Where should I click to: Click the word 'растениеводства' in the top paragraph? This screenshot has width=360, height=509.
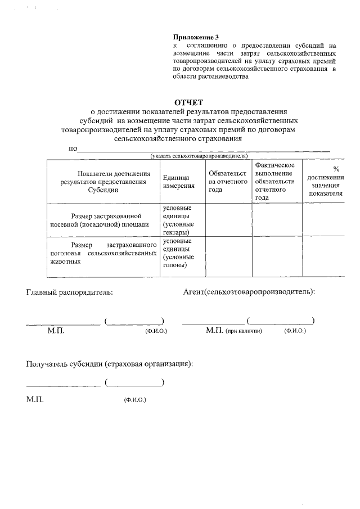click(x=210, y=76)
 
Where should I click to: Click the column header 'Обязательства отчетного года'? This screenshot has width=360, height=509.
click(x=228, y=181)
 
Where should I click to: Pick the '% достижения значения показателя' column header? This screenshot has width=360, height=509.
click(x=325, y=181)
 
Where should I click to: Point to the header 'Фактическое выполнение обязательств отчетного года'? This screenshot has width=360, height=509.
click(x=276, y=181)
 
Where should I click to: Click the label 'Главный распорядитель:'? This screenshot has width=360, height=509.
click(x=69, y=292)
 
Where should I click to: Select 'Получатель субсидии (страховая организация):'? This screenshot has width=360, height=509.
click(x=110, y=364)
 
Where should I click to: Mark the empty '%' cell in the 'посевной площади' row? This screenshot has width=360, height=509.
click(x=325, y=220)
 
